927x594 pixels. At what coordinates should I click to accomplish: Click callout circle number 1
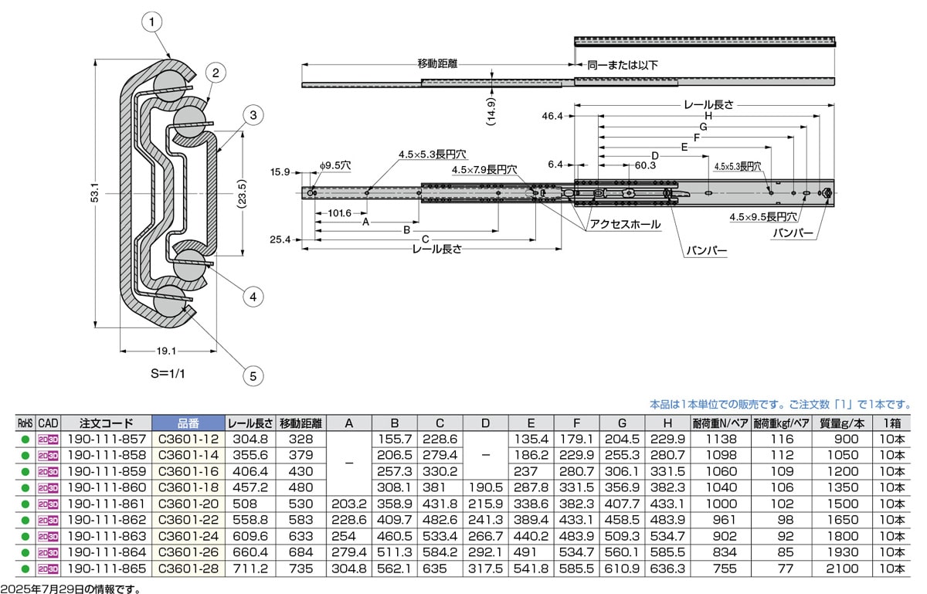(153, 22)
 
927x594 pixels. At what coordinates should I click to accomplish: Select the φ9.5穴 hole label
(334, 165)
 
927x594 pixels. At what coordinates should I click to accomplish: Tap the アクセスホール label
(624, 224)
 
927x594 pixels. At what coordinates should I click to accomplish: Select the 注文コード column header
(106, 423)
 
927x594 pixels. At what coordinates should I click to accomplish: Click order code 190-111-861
(106, 503)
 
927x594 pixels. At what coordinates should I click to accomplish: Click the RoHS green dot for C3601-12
(25, 439)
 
